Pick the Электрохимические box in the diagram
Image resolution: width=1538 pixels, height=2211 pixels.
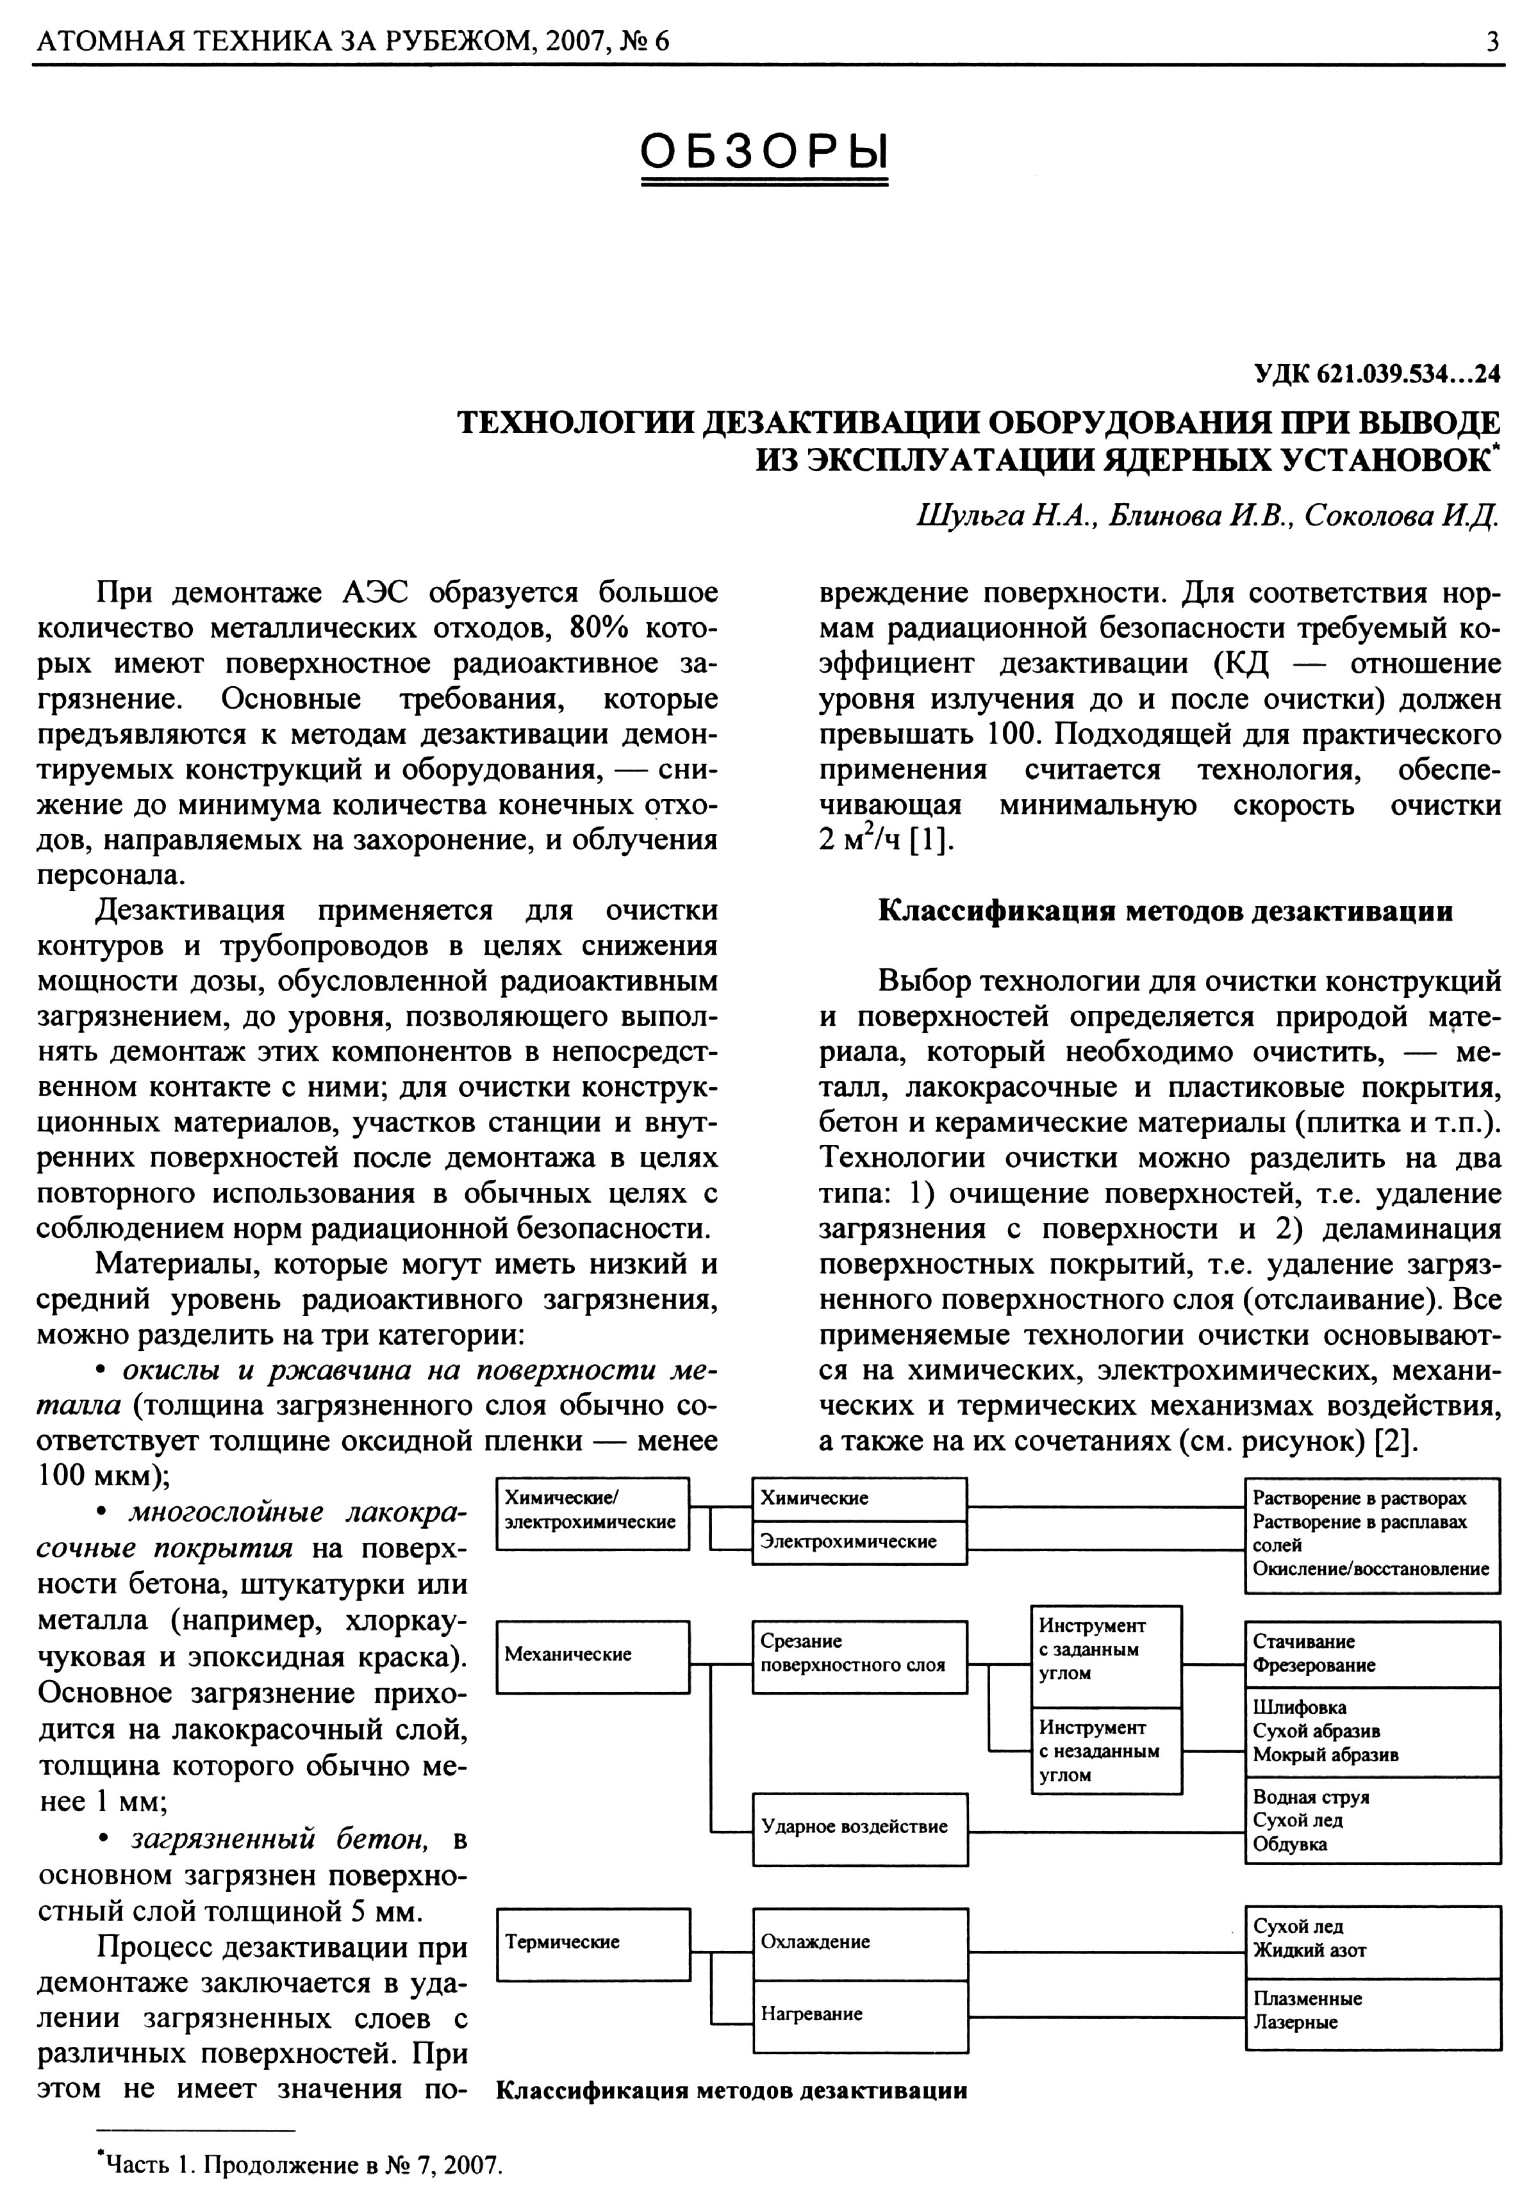coord(859,1541)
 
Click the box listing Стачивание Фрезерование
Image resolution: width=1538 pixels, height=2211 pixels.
coord(1373,1654)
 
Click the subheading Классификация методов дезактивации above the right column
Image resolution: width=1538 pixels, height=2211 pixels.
coord(1165,911)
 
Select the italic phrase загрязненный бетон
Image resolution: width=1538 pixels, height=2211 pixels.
coord(279,1840)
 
